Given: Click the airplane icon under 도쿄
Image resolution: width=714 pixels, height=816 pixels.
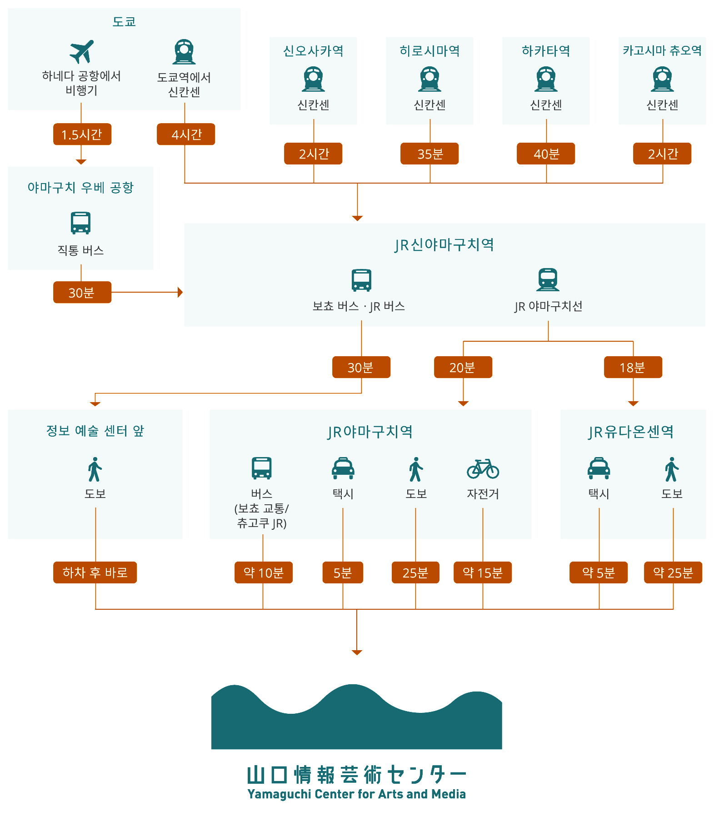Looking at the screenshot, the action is point(82,51).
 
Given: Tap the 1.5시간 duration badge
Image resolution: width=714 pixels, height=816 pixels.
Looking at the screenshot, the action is point(82,134).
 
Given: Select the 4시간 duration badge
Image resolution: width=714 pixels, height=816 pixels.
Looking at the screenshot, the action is point(186,134).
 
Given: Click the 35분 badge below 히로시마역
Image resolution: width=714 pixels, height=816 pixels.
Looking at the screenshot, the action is point(429,154).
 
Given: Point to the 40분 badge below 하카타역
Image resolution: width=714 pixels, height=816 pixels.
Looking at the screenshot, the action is point(546,154).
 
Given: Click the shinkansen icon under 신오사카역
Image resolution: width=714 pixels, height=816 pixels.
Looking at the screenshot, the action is point(314,79).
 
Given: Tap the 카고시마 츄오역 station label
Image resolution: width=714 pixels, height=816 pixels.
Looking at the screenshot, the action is point(662,50).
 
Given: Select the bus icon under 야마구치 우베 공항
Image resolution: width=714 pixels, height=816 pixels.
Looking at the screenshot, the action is point(80,223).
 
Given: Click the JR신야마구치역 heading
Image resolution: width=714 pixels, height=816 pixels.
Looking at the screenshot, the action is point(444,245).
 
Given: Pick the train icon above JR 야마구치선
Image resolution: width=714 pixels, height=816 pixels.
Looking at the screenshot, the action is point(548,279).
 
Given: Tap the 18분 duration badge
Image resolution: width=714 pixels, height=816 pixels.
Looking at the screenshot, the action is point(633,367).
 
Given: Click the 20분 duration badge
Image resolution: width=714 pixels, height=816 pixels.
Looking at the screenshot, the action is point(463,367).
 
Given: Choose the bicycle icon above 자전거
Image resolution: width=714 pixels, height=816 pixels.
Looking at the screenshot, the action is point(483,469).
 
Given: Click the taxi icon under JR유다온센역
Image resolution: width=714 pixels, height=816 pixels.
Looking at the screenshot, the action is point(599,468).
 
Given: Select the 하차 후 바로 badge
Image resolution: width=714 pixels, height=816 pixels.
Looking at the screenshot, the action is point(95,572).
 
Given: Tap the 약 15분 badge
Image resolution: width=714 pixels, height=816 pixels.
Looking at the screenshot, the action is point(483,572).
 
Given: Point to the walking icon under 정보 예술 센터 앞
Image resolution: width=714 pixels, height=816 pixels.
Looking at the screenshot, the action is point(95,469).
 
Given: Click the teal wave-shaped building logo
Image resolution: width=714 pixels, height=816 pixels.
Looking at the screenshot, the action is point(357,716).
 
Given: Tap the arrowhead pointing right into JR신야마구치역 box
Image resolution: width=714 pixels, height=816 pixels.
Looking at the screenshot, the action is point(180,292).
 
